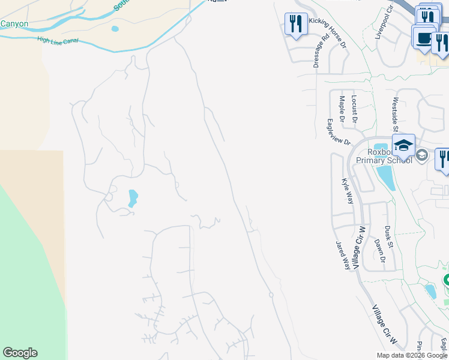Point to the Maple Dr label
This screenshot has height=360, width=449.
pos(342,110)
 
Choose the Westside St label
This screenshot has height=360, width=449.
pos(396,114)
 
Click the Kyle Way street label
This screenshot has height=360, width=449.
pos(347,191)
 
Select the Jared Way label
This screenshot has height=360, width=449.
pos(343,256)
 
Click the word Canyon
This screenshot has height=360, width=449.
pos(14,24)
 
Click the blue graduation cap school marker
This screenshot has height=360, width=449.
pos(403,145)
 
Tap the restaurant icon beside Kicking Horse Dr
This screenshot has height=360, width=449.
pos(295,24)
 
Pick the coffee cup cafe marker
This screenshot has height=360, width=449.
pos(424,38)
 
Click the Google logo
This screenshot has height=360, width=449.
pos(20,353)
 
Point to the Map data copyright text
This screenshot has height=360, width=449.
pos(412,355)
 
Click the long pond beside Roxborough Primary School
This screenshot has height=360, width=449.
pos(386,177)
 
